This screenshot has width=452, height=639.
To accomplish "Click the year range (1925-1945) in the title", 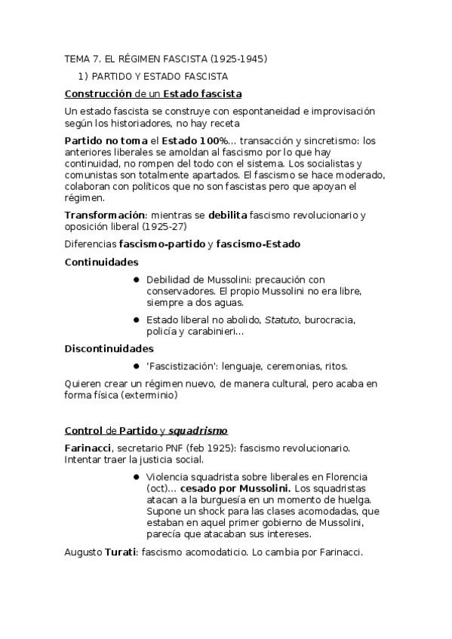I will (238, 58).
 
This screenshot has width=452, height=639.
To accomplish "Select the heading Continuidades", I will (102, 261).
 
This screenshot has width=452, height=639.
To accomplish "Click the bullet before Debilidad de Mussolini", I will (137, 280).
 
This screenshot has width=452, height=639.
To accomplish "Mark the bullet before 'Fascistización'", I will (137, 366).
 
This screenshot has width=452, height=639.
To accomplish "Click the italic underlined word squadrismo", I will (198, 431).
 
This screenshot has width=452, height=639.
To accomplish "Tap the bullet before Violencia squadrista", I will (137, 477).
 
